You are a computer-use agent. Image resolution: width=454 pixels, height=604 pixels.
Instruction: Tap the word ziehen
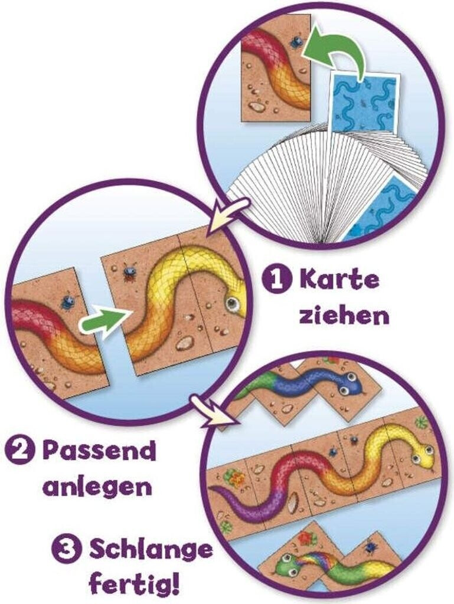(x=344, y=315)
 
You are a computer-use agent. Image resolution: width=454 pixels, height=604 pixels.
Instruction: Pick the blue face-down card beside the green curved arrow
(x=363, y=101)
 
